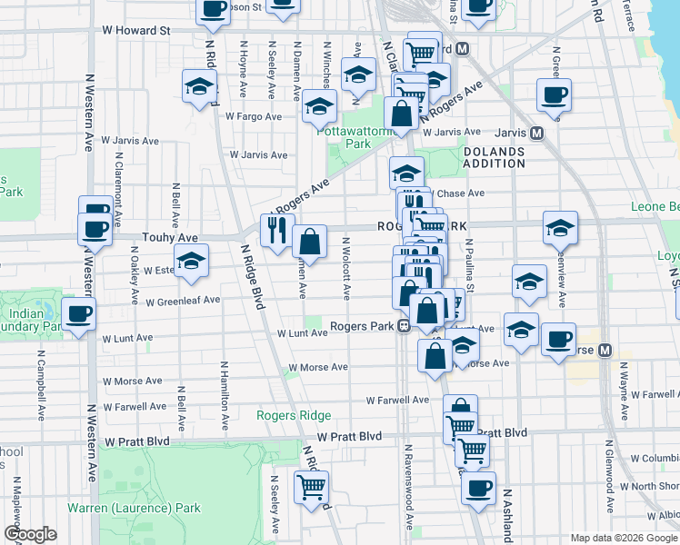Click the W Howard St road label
(136, 30)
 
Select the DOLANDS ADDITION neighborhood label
(494, 157)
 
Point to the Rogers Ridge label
(302, 415)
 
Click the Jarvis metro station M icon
(536, 133)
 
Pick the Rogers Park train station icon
(401, 328)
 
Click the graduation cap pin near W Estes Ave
(191, 261)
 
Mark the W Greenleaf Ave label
(182, 301)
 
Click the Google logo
(30, 534)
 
